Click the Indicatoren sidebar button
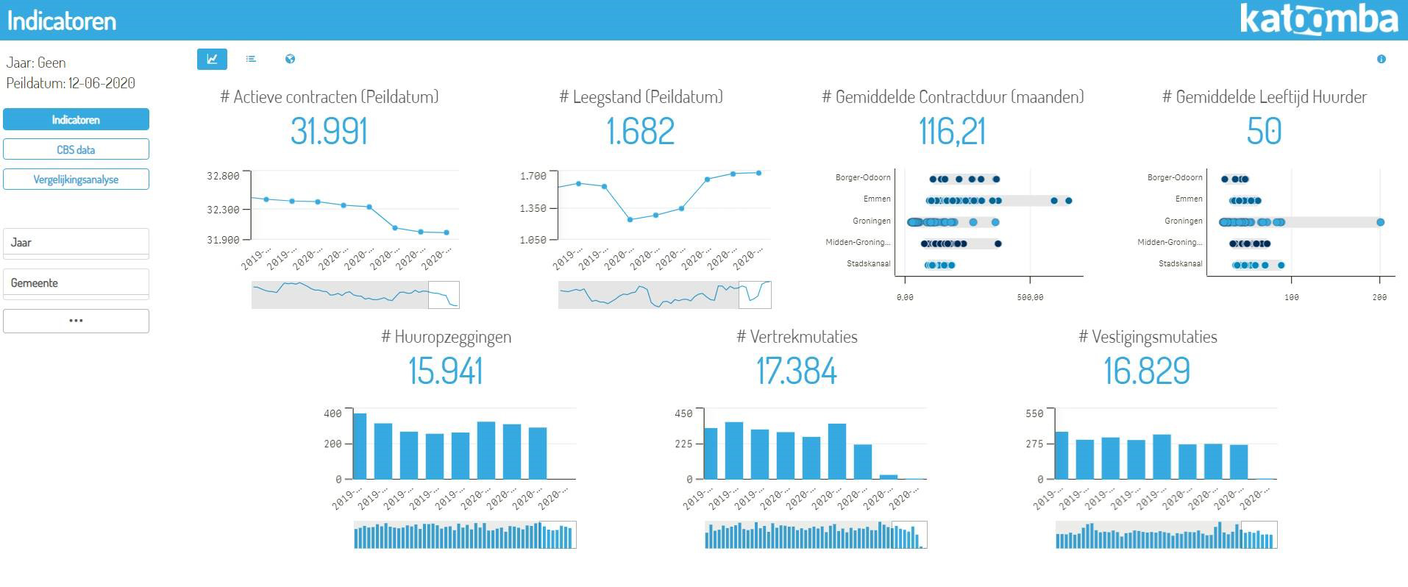76,119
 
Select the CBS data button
76,149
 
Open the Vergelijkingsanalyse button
76,179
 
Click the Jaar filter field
76,242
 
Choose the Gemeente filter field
76,282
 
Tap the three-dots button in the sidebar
76,321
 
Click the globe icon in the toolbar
290,59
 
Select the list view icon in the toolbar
251,59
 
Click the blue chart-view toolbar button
212,59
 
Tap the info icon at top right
1381,59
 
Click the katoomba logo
1318,20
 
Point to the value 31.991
329,132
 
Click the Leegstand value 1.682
640,132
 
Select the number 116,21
952,132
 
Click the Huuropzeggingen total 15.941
446,371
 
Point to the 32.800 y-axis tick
223,176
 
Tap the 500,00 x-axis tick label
1030,297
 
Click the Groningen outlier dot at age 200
1380,222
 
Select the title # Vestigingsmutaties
1147,337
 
